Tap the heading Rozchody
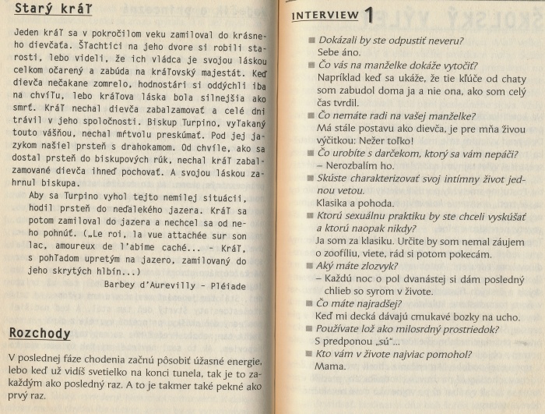click(40, 333)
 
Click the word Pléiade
click(227, 285)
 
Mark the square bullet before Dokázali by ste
click(311, 40)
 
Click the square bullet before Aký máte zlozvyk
click(311, 265)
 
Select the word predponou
click(350, 341)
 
